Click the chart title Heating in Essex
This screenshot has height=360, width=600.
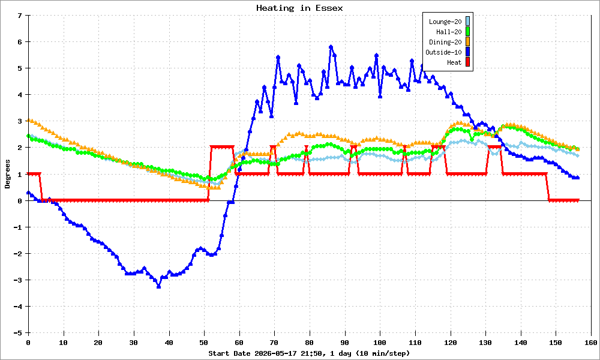299,8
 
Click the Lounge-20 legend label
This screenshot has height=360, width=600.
445,22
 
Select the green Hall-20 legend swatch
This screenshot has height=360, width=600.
467,32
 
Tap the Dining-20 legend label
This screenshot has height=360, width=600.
445,42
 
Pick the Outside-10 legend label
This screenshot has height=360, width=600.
443,52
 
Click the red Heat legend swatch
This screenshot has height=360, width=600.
467,62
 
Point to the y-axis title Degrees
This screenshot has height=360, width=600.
8,174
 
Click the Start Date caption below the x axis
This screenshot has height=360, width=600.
309,353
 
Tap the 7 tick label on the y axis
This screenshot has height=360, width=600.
20,16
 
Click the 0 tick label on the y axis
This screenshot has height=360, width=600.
20,200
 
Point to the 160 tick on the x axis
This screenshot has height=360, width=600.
591,343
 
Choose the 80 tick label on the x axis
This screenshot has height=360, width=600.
310,343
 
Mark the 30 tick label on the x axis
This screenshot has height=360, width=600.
134,343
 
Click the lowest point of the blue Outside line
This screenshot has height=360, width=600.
159,286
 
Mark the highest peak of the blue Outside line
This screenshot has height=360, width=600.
331,47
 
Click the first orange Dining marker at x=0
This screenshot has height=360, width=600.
29,120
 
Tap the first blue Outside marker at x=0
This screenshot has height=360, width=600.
29,193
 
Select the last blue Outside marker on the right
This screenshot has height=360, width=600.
577,178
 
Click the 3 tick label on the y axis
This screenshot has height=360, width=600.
20,121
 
